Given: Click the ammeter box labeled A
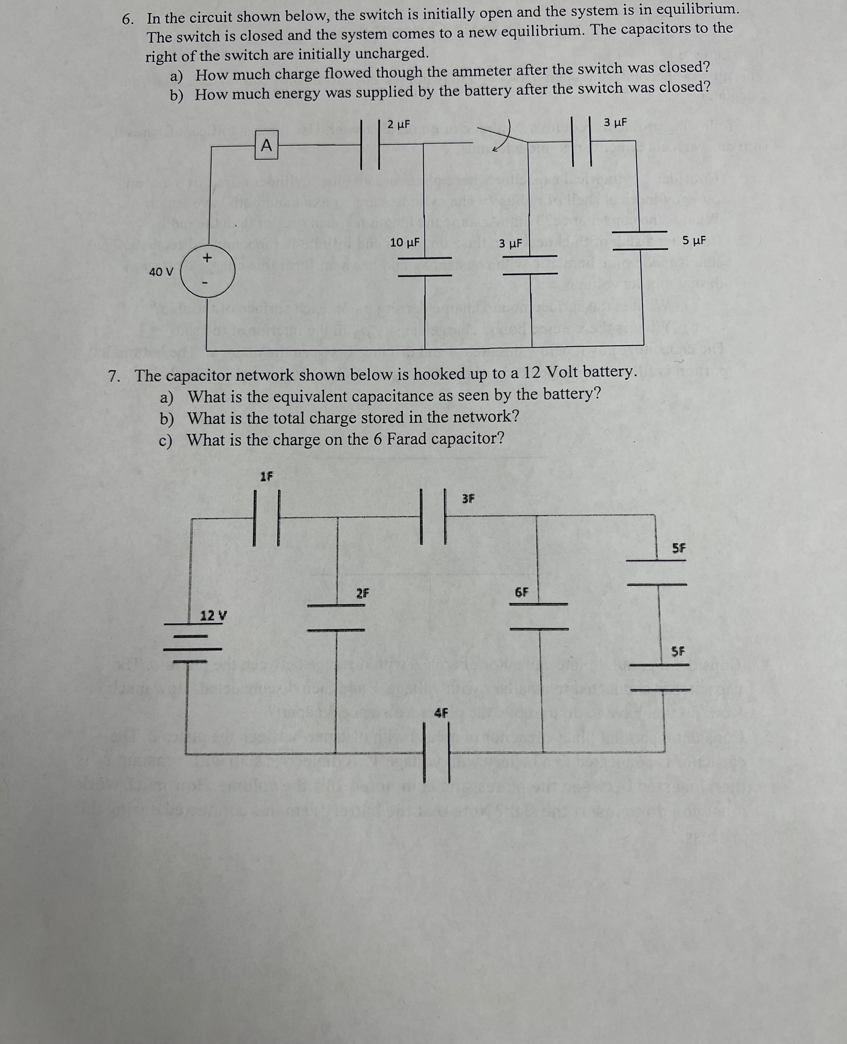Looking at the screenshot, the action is coord(266,145).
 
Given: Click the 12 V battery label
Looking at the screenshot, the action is coord(213,616).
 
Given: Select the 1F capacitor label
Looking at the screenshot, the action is coord(266,476).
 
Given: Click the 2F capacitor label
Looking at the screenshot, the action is coord(362,593).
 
